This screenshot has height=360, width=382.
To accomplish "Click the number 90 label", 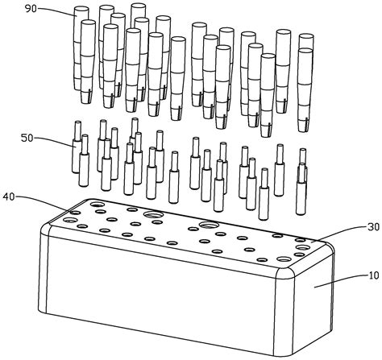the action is click(x=31, y=9).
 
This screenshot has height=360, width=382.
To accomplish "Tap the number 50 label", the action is click(x=27, y=138).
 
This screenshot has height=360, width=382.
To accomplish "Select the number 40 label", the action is click(x=9, y=197).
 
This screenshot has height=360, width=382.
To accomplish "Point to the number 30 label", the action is click(x=374, y=227).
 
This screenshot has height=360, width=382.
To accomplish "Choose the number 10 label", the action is click(x=374, y=275).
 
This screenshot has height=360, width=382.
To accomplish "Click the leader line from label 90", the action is click(x=57, y=10).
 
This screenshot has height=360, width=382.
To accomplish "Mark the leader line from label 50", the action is click(x=54, y=140).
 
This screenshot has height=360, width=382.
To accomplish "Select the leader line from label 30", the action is click(x=339, y=233).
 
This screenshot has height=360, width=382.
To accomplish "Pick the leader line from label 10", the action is click(x=341, y=281).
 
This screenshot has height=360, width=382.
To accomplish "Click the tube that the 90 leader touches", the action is click(x=81, y=48).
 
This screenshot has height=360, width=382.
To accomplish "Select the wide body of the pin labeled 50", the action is click(x=77, y=156).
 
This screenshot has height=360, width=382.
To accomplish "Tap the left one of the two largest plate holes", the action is click(x=153, y=214).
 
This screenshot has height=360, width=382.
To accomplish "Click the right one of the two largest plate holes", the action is click(x=209, y=225).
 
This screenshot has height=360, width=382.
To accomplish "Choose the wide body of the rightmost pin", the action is click(x=301, y=198).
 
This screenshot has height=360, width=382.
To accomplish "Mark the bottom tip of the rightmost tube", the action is click(x=304, y=130).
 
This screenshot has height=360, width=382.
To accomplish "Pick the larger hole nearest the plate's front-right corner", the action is click(x=284, y=259).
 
